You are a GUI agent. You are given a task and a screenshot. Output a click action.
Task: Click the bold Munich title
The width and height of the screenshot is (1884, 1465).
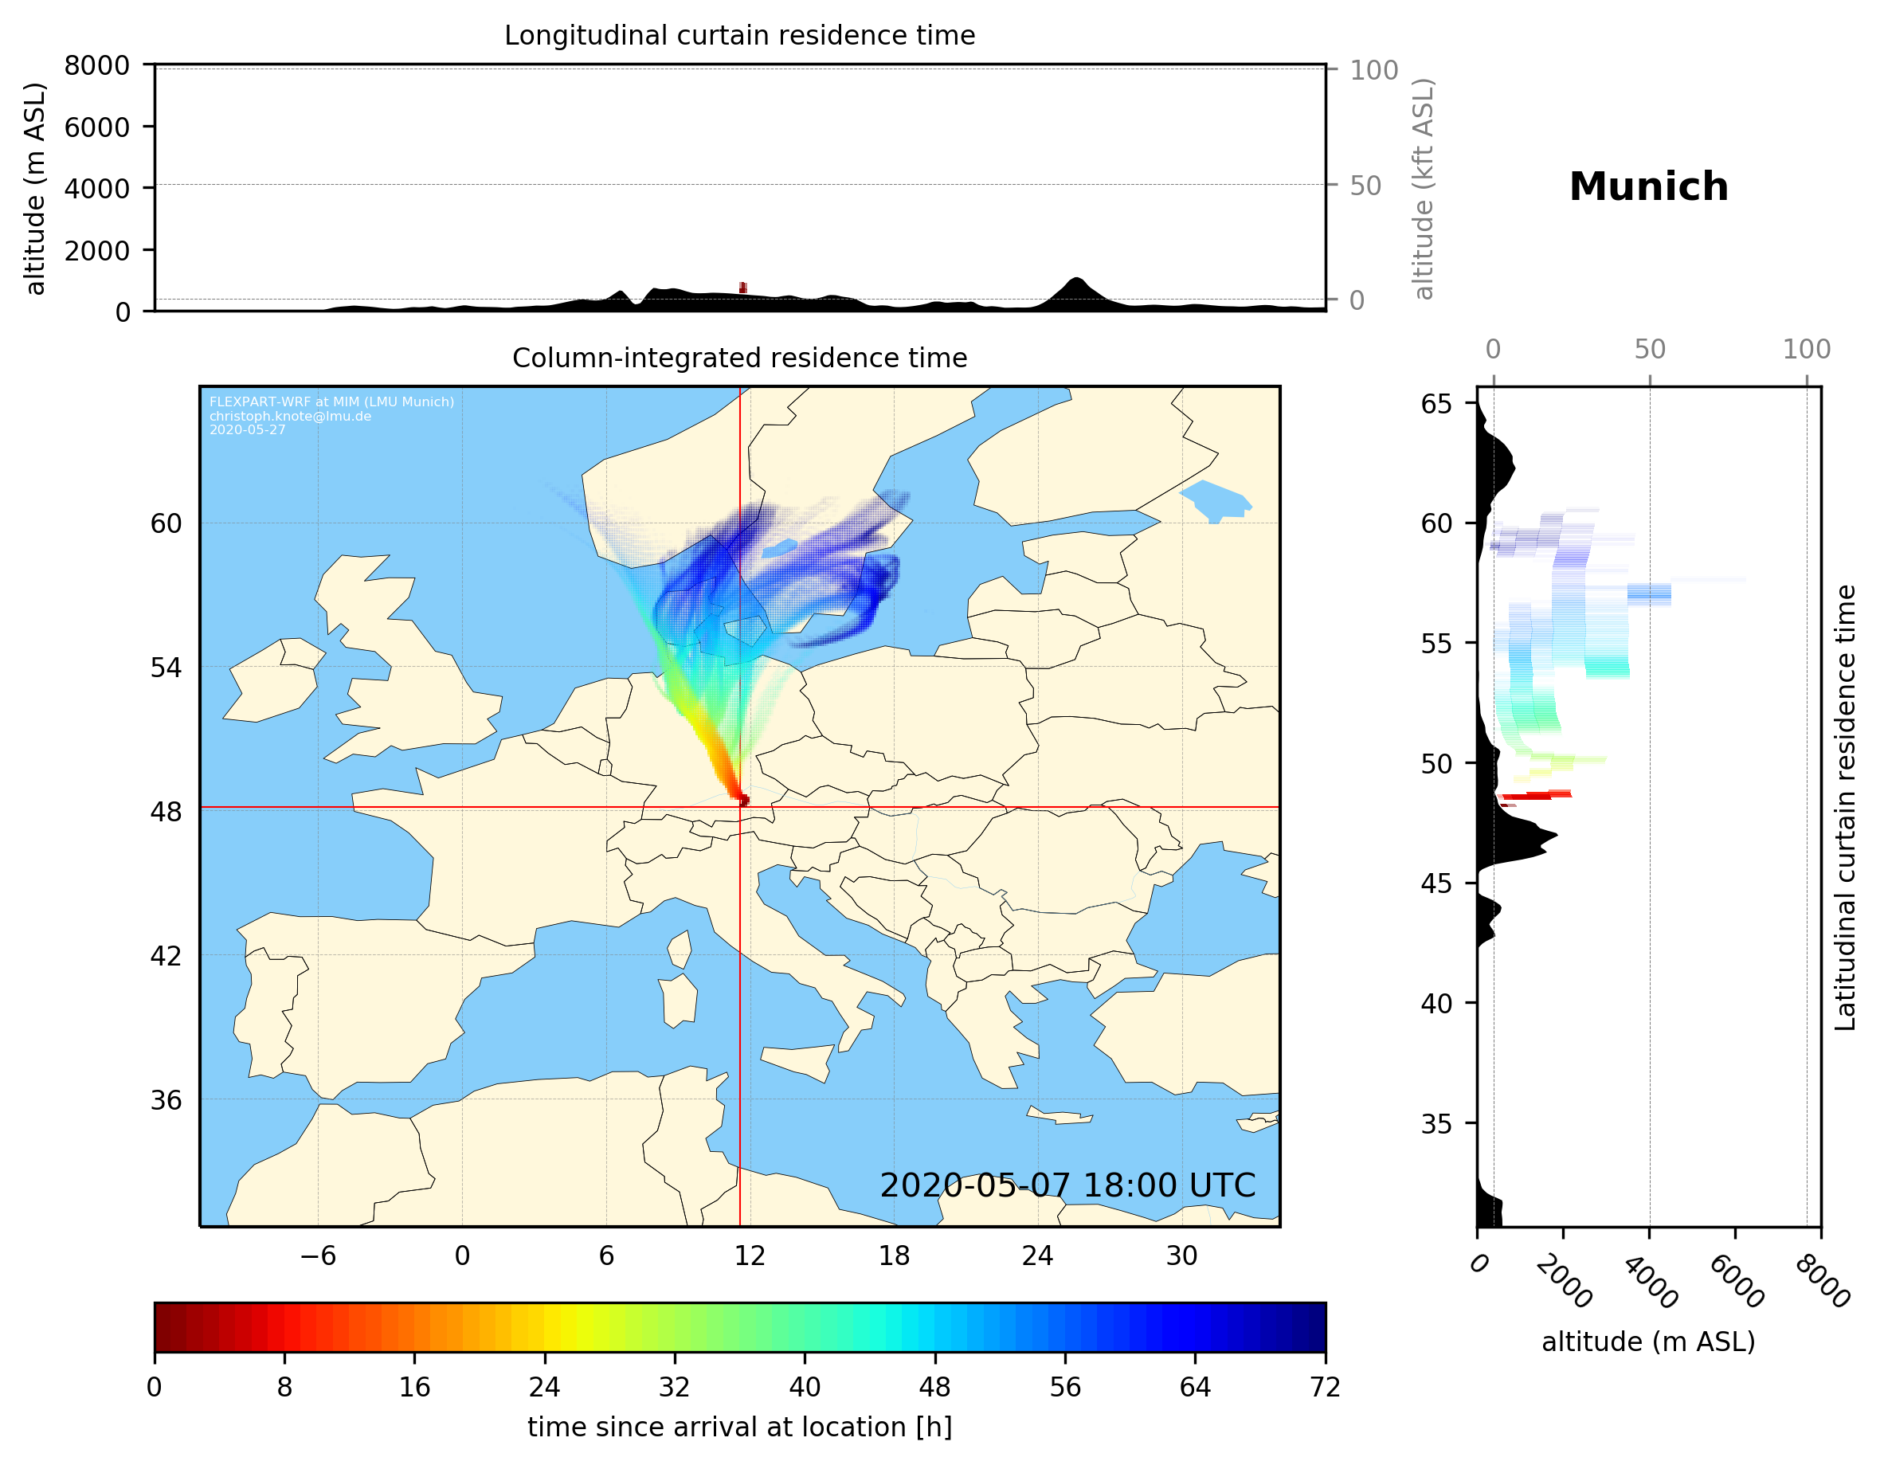[x=1647, y=187]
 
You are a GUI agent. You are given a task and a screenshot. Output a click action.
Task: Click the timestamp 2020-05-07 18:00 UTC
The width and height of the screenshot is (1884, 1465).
[x=1067, y=1185]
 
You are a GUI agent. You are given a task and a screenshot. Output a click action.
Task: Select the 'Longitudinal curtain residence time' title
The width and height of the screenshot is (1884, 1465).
[x=739, y=35]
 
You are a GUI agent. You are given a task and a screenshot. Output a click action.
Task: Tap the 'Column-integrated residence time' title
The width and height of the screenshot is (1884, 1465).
[x=739, y=358]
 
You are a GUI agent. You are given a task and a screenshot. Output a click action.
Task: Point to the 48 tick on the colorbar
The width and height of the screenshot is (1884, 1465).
[x=934, y=1388]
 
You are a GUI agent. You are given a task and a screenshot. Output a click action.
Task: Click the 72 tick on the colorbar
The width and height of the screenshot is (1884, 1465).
[x=1324, y=1388]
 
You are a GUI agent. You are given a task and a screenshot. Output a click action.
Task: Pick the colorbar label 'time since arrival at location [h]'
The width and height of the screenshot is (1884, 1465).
[x=739, y=1427]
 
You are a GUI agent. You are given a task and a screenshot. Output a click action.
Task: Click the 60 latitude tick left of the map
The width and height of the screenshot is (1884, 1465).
[x=166, y=523]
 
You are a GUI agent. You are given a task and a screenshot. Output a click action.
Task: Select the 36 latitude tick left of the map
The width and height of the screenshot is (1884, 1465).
[x=166, y=1100]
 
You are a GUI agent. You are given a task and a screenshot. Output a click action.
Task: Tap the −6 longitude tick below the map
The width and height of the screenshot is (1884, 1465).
[x=317, y=1255]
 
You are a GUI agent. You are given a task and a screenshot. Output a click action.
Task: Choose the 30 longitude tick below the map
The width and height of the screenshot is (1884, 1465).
[x=1181, y=1255]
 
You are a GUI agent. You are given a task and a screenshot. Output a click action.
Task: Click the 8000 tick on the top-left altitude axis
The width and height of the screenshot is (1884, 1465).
[x=96, y=65]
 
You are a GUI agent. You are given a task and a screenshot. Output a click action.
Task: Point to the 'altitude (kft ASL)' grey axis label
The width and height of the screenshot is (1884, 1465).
[x=1424, y=189]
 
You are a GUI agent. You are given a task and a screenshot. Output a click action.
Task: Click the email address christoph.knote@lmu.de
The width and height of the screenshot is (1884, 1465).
[x=290, y=416]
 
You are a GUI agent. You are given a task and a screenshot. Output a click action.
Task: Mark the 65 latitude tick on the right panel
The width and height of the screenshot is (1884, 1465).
[x=1436, y=404]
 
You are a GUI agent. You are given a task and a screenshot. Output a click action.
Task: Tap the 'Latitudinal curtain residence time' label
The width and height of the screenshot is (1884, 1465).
[x=1844, y=808]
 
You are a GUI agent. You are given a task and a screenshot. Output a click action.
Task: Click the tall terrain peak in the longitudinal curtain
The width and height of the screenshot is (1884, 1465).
[x=1075, y=282]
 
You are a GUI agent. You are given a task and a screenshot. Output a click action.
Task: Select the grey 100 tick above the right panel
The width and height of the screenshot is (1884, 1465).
[x=1807, y=350]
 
